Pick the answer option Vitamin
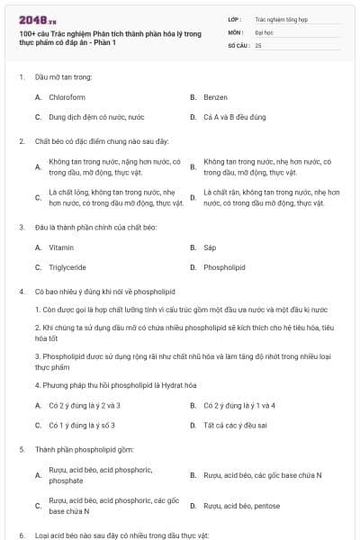[61, 247]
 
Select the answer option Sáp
[210, 247]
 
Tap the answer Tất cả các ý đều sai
[237, 426]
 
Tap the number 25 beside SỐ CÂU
[258, 45]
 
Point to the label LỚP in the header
[236, 18]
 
